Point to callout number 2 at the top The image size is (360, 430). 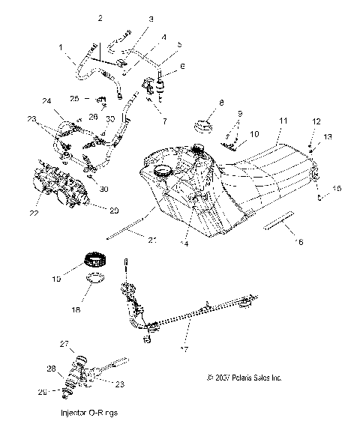point(101,16)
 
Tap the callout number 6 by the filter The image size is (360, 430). point(181,66)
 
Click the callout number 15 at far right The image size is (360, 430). point(336,189)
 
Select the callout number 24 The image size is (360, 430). point(46,100)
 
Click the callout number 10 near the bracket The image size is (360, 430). point(255,134)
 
